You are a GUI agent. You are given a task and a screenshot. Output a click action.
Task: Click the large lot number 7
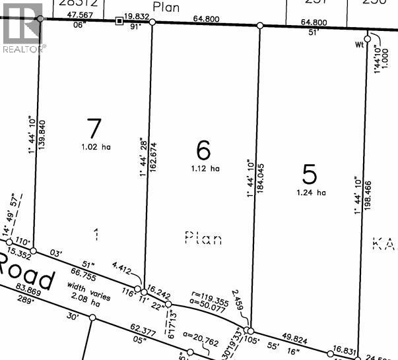coord(94,127)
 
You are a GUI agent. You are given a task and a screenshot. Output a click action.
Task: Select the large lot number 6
coord(204,150)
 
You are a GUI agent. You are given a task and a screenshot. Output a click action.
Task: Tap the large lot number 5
coord(310,173)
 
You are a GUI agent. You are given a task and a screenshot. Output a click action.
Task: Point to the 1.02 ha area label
coord(96,147)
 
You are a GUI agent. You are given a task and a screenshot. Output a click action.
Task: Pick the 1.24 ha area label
coord(312,193)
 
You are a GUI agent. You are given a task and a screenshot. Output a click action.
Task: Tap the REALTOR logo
coord(22,28)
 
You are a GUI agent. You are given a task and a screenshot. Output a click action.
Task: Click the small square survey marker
coord(119,21)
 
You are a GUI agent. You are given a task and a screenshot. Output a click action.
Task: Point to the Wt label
coord(359,45)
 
